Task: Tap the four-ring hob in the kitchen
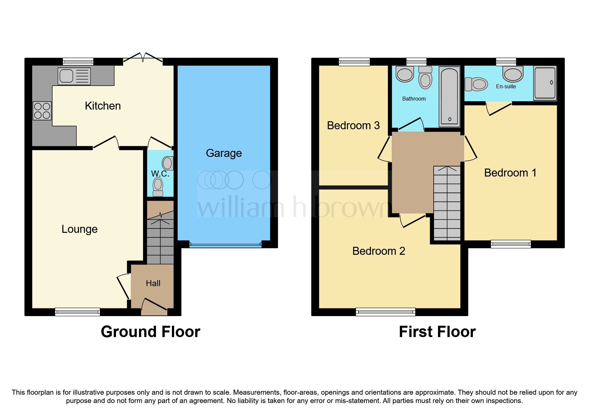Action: click(x=42, y=111)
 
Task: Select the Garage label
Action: click(x=223, y=153)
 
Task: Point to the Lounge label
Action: click(x=79, y=229)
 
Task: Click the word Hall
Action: click(x=153, y=283)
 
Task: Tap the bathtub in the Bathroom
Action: click(x=449, y=97)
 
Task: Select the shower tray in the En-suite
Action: click(x=545, y=83)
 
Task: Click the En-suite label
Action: click(x=506, y=87)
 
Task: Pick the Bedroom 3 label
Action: click(x=353, y=126)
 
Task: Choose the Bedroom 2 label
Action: click(x=378, y=251)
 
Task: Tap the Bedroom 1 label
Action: click(x=510, y=173)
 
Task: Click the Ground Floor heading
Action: click(x=150, y=332)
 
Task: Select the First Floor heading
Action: click(x=437, y=332)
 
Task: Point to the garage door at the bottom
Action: click(x=225, y=245)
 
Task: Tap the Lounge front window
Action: click(x=77, y=312)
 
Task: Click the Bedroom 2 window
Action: click(x=385, y=312)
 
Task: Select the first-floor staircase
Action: click(x=447, y=203)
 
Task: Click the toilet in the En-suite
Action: click(x=476, y=84)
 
